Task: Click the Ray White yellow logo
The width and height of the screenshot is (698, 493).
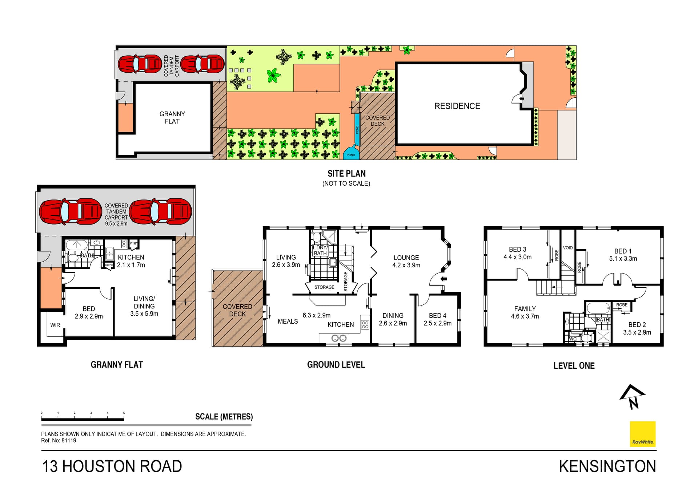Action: point(642,434)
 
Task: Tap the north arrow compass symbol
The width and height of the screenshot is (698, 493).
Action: point(633,397)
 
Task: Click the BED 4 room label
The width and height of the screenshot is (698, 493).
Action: point(437,319)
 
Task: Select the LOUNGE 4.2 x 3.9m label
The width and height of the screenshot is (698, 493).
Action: point(406,261)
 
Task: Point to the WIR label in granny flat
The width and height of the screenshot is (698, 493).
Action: point(55,325)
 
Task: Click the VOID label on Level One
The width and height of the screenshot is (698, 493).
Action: point(567,248)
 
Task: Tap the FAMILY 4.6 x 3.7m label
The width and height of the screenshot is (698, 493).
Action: point(525,312)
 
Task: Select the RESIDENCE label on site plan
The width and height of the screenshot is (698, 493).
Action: point(457,106)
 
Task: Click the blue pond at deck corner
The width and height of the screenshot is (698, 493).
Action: point(351,153)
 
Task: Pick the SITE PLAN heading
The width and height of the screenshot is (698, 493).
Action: point(346,174)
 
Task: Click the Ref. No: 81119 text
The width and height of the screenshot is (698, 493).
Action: point(59,440)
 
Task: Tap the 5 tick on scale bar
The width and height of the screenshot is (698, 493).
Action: point(124,413)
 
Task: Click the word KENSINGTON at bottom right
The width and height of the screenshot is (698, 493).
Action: point(607,466)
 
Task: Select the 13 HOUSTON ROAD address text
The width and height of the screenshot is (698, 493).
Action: point(112,466)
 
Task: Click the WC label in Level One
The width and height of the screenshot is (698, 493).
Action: point(573,339)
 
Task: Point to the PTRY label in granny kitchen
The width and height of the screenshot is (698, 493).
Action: point(133,243)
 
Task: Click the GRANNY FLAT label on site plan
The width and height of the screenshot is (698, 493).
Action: point(172,118)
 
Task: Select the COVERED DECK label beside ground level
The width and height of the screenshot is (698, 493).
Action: point(237,310)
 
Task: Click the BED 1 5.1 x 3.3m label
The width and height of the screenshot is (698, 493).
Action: point(623,255)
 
